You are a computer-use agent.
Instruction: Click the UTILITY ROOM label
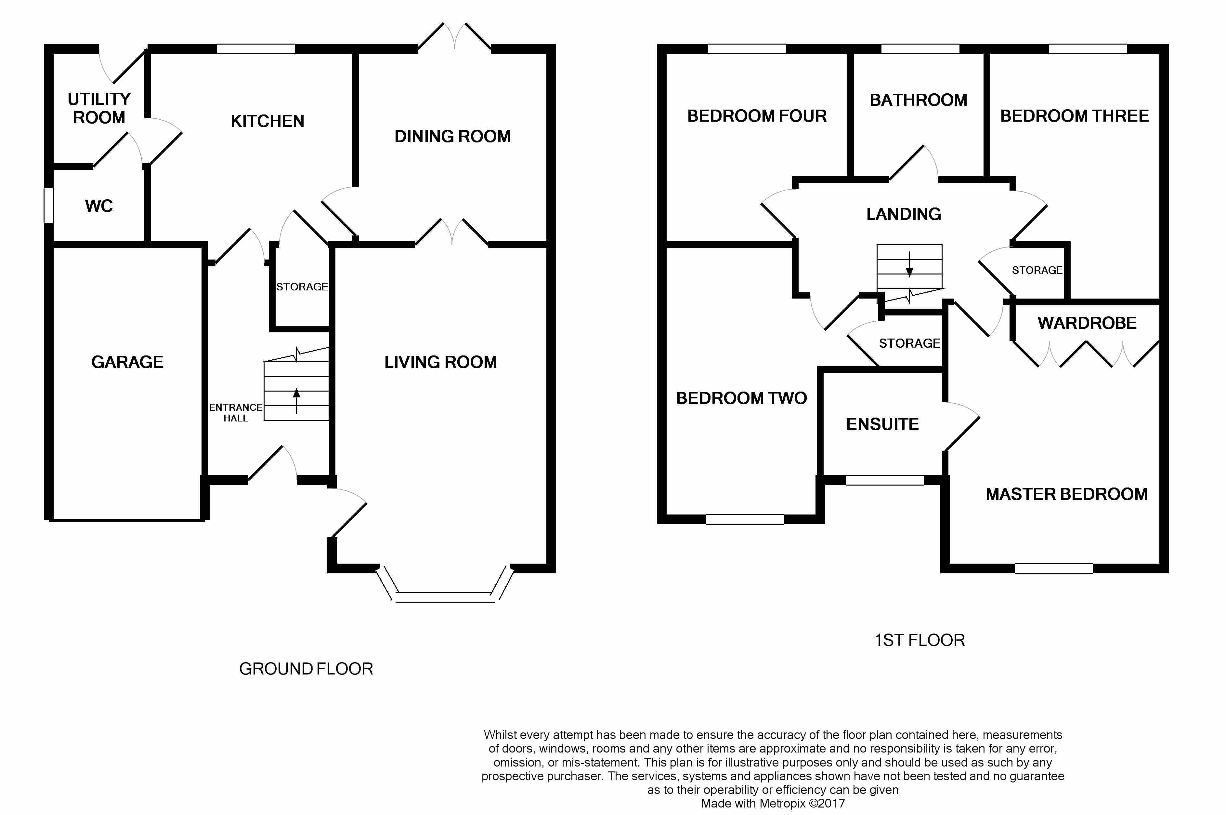coord(99,108)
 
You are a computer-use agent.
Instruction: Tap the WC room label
coord(99,206)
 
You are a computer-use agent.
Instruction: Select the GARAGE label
coord(127,362)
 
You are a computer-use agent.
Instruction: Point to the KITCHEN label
coord(267,121)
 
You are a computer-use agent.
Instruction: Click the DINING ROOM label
coord(452,136)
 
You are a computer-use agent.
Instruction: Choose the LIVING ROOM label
coord(440,362)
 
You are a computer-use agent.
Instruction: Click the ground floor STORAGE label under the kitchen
coord(302,287)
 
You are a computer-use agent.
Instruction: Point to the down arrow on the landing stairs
coord(909,265)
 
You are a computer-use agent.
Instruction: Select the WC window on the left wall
coord(49,205)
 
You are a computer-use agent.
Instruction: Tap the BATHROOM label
coord(919,100)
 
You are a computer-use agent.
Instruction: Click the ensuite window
coord(885,480)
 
